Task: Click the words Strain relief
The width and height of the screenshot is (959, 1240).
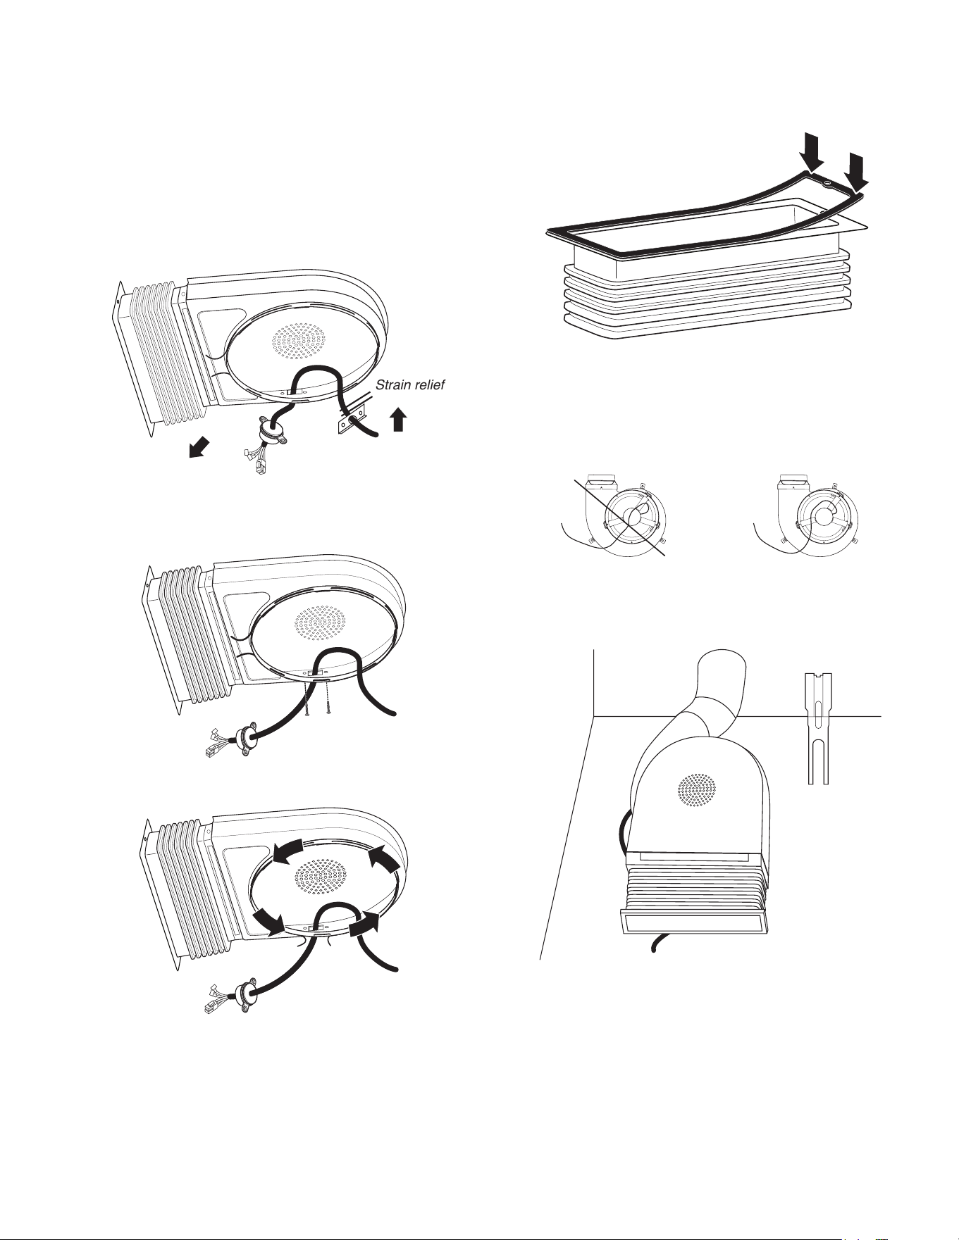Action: pos(409,385)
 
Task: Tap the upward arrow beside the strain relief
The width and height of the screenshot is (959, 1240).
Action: pos(398,420)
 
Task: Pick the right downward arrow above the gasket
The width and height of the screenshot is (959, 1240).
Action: pos(857,173)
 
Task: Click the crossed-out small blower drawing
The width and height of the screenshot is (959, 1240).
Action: pos(614,513)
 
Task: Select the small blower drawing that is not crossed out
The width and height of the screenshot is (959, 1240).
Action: pos(807,514)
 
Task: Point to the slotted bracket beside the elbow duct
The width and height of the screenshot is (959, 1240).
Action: pos(817,728)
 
